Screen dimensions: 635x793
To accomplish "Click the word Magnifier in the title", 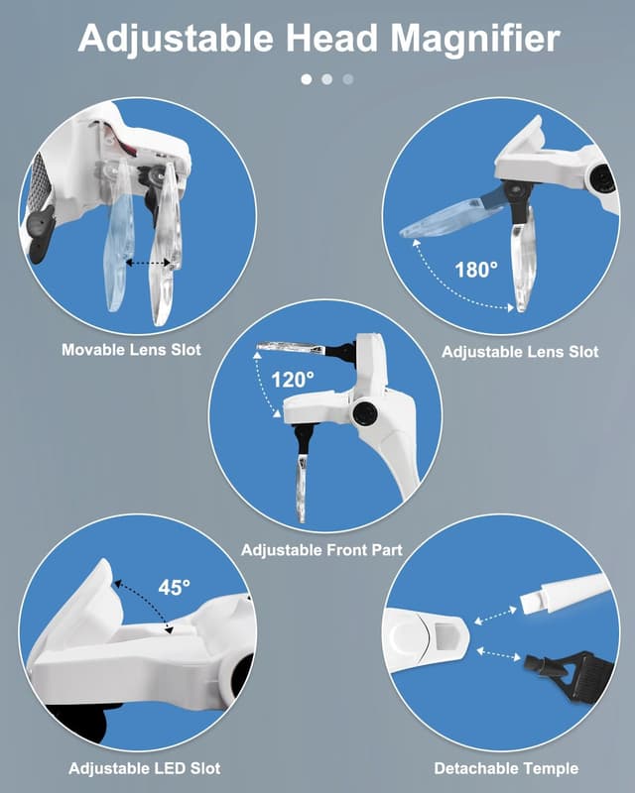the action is click(475, 40).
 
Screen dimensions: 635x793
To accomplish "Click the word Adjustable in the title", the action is click(177, 40).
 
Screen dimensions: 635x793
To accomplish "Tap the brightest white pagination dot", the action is click(307, 79).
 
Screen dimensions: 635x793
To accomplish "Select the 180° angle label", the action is click(476, 270).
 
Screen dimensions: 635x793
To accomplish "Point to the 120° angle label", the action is click(292, 380).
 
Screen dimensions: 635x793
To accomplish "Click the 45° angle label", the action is click(175, 587).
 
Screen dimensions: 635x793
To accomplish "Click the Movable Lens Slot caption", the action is click(132, 350).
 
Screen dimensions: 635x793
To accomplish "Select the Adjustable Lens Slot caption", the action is click(520, 352).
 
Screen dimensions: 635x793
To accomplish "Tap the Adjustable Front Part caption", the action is click(322, 550).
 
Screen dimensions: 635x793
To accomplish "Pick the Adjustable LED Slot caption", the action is click(145, 769).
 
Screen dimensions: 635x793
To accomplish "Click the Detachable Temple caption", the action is click(506, 769).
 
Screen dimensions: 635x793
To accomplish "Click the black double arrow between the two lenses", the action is click(148, 263).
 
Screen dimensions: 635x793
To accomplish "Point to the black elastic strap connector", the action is click(563, 673).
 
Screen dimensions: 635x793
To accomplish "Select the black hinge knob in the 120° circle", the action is click(364, 412).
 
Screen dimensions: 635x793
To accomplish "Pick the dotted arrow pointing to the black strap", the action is click(499, 654).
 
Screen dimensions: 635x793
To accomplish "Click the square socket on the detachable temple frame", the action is click(446, 634).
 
